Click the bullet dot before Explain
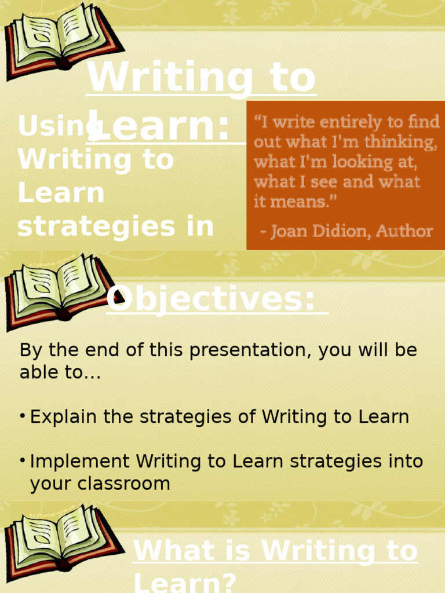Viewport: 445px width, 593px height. pos(23,416)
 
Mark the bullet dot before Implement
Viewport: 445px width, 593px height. pos(23,461)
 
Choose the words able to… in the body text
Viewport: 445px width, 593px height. pos(60,373)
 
